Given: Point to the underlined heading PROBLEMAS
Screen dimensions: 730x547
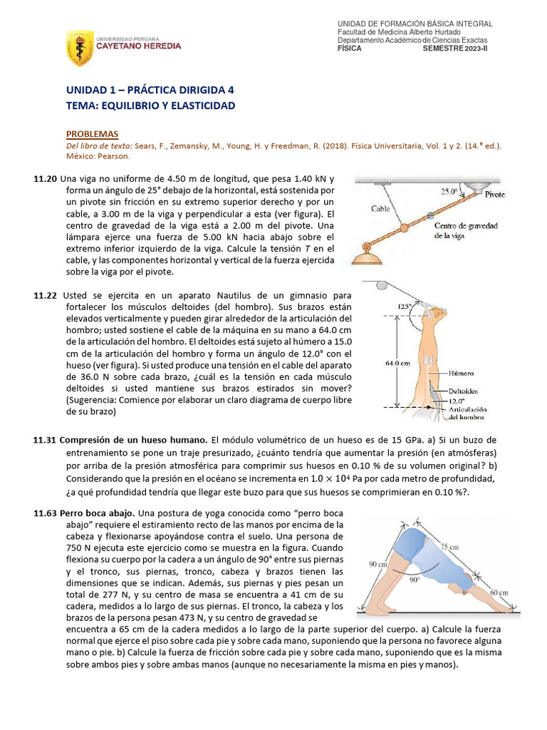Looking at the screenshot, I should (92, 134).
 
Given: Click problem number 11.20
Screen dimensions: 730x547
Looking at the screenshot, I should (45, 179).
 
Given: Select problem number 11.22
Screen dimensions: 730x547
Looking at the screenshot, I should (45, 295).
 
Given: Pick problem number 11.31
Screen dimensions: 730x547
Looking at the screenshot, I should (45, 439).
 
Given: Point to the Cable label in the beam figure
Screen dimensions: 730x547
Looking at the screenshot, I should (380, 209).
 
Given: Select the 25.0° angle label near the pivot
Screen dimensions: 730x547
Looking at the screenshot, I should (449, 192).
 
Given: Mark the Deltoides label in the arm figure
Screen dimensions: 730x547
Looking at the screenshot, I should (464, 391).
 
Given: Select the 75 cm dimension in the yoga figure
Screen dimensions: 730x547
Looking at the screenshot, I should (449, 547).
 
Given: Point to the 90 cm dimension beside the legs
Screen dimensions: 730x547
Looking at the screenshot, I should (377, 564).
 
